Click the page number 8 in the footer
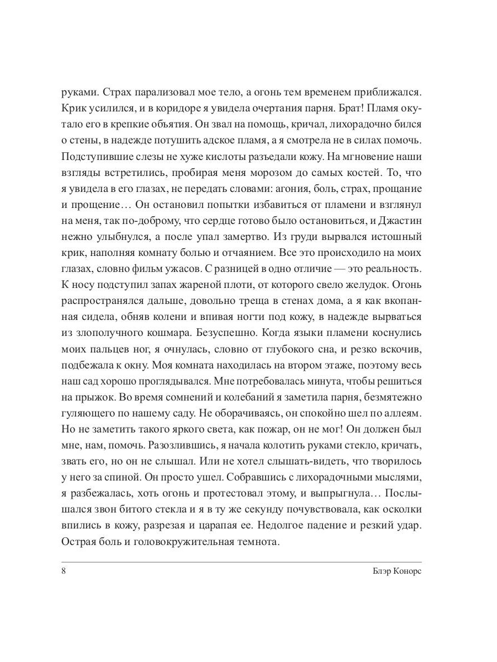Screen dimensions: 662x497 coord(64,572)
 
